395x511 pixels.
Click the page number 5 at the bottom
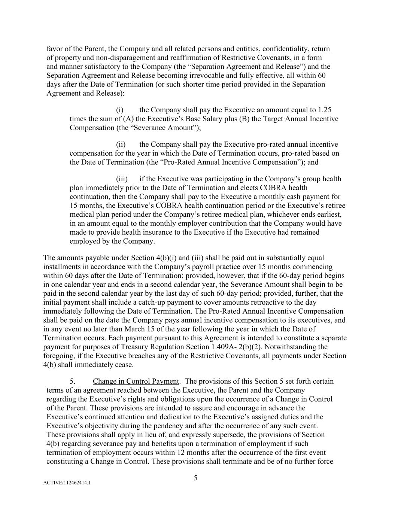coord(195,478)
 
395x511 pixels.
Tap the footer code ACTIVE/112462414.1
coord(67,483)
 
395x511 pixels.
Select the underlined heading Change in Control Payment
coord(136,381)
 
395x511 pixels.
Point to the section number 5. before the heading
coord(73,381)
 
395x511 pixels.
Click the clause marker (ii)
coord(121,145)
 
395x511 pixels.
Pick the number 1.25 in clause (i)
coord(324,110)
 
